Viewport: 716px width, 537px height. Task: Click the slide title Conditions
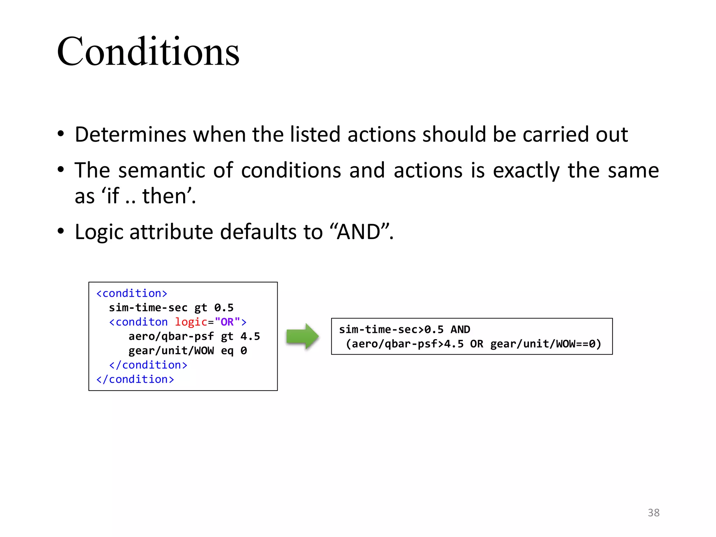click(x=148, y=52)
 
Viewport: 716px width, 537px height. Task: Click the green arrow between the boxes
click(x=302, y=336)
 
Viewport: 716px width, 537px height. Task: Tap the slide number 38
click(x=653, y=513)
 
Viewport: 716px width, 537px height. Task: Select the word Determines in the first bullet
click(x=130, y=134)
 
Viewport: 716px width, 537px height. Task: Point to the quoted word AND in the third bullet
click(x=359, y=232)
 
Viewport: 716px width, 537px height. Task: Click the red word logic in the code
click(x=191, y=322)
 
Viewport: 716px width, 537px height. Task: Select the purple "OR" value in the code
click(x=227, y=322)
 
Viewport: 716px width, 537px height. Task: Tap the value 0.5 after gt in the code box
click(x=224, y=308)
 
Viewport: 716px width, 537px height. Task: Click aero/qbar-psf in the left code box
click(x=171, y=336)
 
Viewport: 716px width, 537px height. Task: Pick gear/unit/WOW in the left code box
click(x=171, y=351)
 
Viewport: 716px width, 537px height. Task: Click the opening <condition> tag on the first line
click(x=131, y=293)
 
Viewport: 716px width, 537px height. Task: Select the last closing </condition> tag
click(x=135, y=379)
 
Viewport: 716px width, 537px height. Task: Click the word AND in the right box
click(x=460, y=329)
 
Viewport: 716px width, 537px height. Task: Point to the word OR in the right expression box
click(x=477, y=344)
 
